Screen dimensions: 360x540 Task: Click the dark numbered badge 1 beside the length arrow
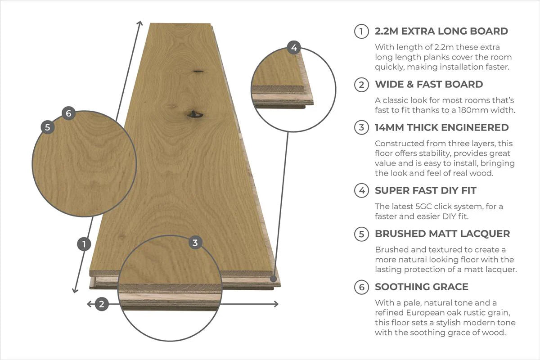click(x=84, y=244)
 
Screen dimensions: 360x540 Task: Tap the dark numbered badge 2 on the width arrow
click(x=102, y=304)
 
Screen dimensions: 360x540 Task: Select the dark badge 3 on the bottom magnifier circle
click(x=195, y=243)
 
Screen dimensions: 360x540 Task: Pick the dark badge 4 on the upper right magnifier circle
click(x=294, y=47)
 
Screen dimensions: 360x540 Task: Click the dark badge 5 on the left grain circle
click(x=47, y=127)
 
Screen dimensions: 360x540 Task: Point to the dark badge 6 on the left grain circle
click(x=68, y=113)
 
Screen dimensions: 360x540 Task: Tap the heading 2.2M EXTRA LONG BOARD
click(x=441, y=31)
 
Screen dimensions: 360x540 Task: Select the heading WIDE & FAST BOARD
click(x=428, y=85)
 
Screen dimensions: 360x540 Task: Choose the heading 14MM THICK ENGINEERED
click(x=441, y=128)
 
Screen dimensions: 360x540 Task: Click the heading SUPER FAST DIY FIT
click(x=425, y=191)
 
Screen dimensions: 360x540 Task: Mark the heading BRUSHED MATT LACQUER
click(x=442, y=234)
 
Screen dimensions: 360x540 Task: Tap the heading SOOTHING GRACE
click(x=421, y=287)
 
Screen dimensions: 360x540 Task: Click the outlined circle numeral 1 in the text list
click(x=361, y=31)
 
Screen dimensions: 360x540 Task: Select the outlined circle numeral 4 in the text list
click(x=361, y=191)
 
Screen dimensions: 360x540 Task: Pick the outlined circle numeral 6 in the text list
click(x=361, y=287)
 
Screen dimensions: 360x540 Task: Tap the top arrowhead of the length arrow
click(x=140, y=23)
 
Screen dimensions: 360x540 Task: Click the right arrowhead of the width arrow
click(x=275, y=304)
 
